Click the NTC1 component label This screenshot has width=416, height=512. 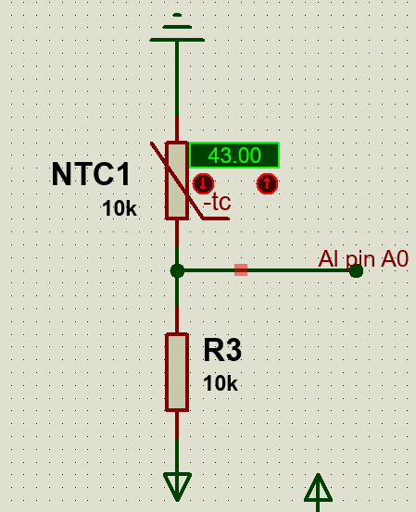coord(91,174)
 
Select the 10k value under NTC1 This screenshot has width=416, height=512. coord(120,208)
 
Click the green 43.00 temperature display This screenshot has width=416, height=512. coord(234,156)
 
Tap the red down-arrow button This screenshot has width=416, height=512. coord(203,183)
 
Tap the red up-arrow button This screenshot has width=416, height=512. coord(267,183)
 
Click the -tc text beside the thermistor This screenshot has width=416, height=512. coord(218,202)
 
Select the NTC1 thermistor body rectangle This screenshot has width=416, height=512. coord(177,181)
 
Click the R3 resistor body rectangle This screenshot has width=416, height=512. coord(177,372)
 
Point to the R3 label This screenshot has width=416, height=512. coord(222,350)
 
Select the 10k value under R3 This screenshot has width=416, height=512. coord(221,383)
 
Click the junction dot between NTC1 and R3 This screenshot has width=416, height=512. coord(177,270)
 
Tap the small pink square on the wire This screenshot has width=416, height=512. coord(241,270)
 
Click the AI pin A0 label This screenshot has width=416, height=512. coord(363,259)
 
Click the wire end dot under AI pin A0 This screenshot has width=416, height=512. coord(356,271)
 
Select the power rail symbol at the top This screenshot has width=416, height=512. coord(177,28)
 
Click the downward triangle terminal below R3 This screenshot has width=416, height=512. coord(177,486)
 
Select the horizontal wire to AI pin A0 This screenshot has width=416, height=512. coord(266,270)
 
